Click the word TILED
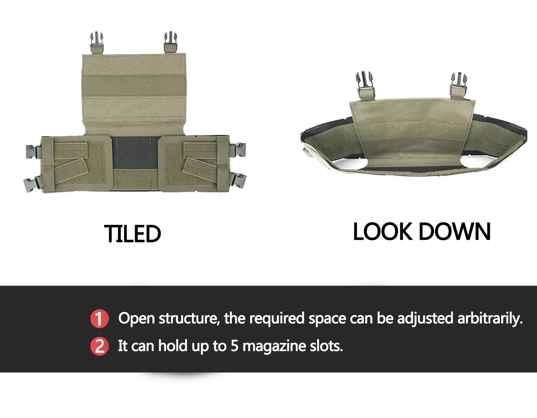[x=132, y=234]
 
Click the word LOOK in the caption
[x=382, y=232]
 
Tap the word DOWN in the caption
[x=454, y=232]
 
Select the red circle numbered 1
[x=99, y=319]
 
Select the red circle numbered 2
[x=99, y=346]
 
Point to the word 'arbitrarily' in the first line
[x=490, y=318]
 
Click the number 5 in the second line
[x=234, y=346]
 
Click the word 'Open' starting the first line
[x=136, y=319]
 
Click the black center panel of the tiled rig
[x=136, y=153]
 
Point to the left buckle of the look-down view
[x=364, y=84]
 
